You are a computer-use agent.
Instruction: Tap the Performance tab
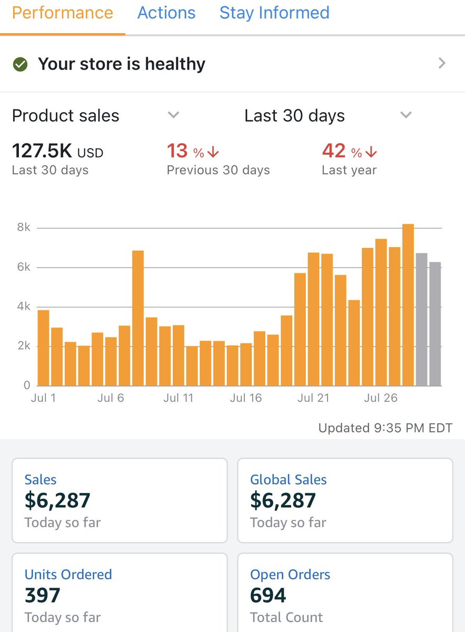[62, 13]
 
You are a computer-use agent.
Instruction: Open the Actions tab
[166, 13]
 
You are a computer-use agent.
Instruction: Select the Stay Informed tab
[274, 13]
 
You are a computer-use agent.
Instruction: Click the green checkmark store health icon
[20, 64]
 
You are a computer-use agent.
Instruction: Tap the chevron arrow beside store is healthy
[442, 64]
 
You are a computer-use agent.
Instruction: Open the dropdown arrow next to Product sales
[173, 115]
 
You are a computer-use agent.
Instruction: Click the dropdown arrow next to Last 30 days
[405, 115]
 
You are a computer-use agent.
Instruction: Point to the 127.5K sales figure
[42, 152]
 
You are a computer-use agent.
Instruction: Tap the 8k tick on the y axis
[23, 228]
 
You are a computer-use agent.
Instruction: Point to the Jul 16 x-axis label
[245, 398]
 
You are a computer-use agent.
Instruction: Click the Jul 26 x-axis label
[380, 398]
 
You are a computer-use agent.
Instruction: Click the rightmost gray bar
[435, 324]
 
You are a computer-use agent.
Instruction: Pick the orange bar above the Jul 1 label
[44, 348]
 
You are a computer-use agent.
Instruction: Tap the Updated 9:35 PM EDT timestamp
[385, 428]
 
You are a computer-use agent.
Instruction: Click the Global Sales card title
[288, 480]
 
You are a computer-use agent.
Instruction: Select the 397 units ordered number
[43, 596]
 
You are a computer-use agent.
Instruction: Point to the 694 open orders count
[268, 596]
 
